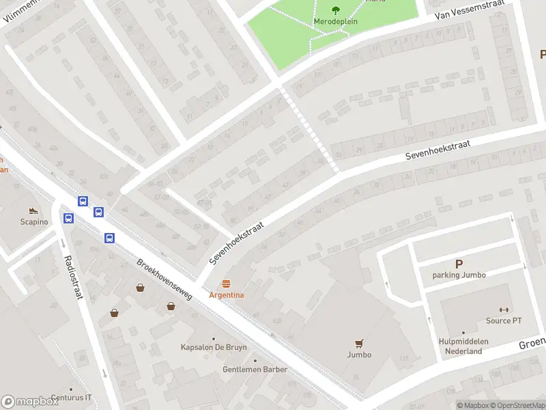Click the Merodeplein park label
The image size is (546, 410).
tap(335, 21)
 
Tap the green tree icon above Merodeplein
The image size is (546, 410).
tap(335, 10)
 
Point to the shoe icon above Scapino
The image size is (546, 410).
tap(32, 210)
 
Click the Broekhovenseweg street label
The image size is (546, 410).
tap(164, 282)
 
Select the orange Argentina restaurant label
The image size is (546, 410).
tap(227, 295)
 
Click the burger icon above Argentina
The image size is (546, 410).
tap(227, 283)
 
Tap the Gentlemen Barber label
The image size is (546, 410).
tap(255, 370)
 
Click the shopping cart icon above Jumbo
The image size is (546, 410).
tap(359, 343)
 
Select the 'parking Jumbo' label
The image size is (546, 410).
tap(459, 275)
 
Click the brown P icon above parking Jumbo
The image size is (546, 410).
tap(459, 264)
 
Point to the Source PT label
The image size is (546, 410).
tap(504, 321)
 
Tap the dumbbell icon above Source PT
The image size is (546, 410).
tap(504, 310)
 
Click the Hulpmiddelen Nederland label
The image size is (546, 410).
tap(461, 346)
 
